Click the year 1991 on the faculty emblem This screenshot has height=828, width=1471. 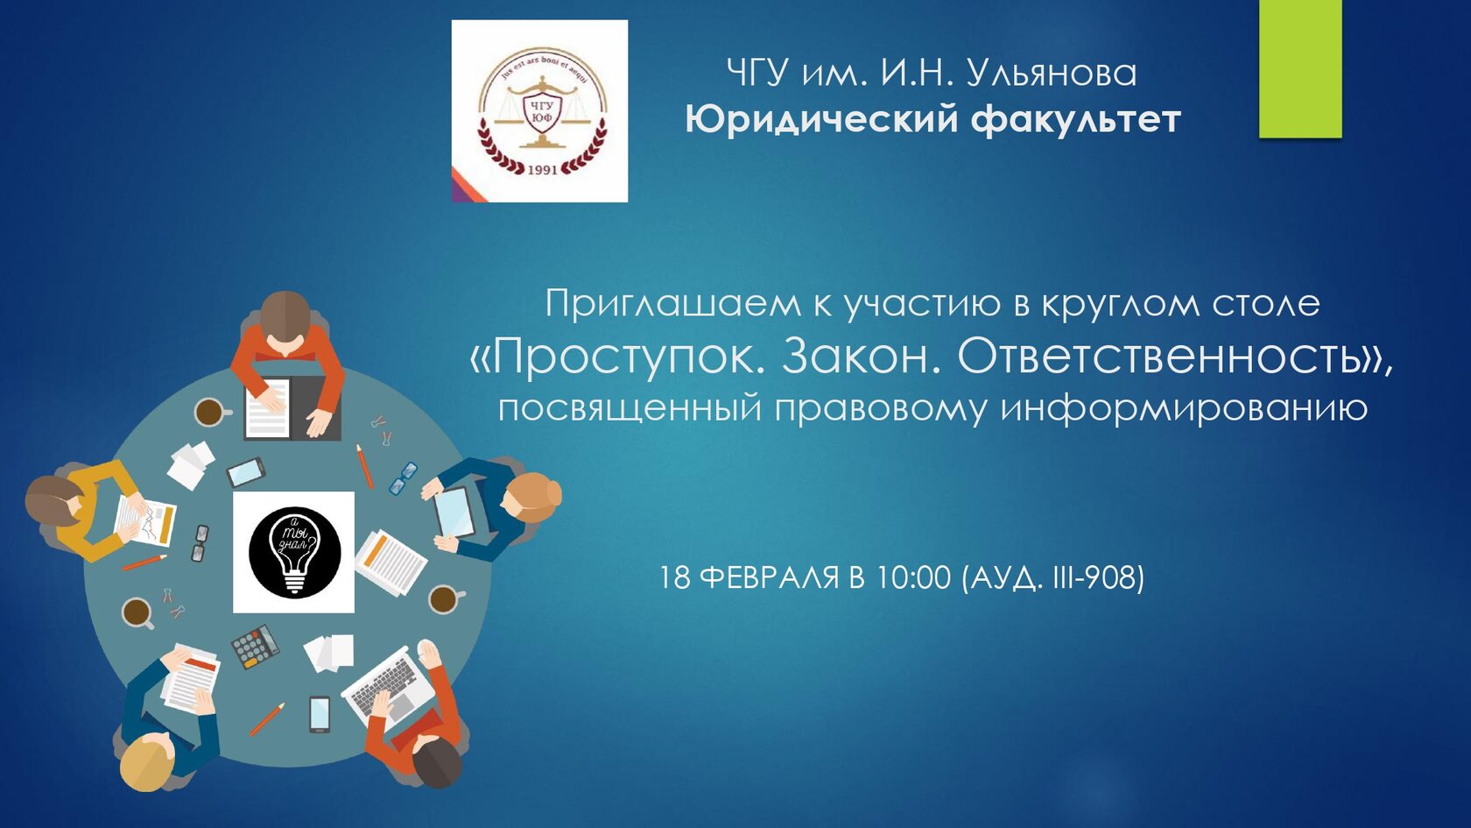point(543,170)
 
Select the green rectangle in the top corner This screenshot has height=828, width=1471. point(1299,68)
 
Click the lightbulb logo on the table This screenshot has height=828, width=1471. point(294,552)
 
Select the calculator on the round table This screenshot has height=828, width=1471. point(256,646)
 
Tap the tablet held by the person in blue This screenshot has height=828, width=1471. point(454,513)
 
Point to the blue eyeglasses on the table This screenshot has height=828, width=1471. point(403,478)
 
